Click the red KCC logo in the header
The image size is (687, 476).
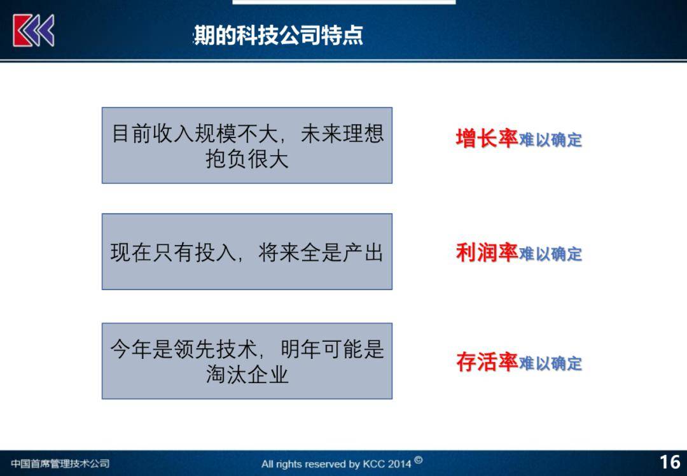34,30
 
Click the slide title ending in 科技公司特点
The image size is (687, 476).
278,35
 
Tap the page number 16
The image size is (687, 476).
669,462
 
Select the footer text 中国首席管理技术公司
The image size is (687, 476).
60,463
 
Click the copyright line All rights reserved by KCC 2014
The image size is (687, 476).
336,464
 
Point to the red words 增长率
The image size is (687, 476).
487,138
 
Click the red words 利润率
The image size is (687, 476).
487,253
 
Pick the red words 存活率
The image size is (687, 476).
487,362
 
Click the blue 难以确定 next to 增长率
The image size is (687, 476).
550,140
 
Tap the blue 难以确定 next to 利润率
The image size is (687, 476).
550,254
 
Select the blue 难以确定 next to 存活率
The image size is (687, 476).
550,363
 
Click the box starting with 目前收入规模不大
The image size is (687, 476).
247,145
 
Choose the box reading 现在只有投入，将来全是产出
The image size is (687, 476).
247,252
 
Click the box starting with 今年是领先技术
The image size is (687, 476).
247,361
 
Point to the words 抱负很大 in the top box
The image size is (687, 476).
247,159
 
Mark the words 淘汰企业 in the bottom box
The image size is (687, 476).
247,375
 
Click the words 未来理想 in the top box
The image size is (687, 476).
342,134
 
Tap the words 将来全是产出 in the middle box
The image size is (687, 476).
321,253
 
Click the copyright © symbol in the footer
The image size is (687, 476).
418,460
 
